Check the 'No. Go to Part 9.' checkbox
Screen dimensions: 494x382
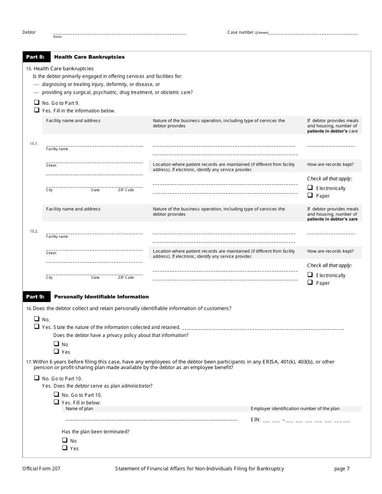(x=37, y=102)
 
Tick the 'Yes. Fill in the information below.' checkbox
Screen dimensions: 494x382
(x=37, y=110)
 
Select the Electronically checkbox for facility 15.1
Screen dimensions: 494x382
(x=310, y=188)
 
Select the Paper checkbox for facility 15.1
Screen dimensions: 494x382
(x=310, y=195)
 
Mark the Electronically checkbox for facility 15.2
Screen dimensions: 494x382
(x=310, y=275)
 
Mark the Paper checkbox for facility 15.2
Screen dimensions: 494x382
(x=310, y=282)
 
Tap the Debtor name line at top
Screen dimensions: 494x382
(x=119, y=33)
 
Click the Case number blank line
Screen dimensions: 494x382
(x=313, y=33)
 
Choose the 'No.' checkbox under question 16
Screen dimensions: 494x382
(x=37, y=319)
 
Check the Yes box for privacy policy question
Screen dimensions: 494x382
(x=56, y=351)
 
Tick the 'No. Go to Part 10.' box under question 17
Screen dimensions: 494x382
(x=37, y=378)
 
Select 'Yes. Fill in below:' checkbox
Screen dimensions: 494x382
(x=56, y=402)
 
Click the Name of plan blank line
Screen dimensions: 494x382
(x=151, y=420)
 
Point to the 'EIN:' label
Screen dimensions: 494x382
(x=255, y=420)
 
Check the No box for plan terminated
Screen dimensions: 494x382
(x=64, y=440)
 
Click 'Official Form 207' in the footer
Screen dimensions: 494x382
(x=41, y=469)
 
